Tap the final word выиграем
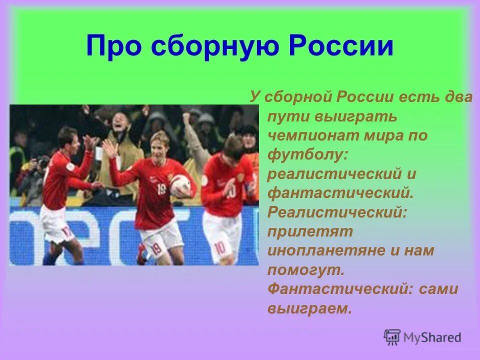point(309,308)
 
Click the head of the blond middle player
point(159,143)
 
